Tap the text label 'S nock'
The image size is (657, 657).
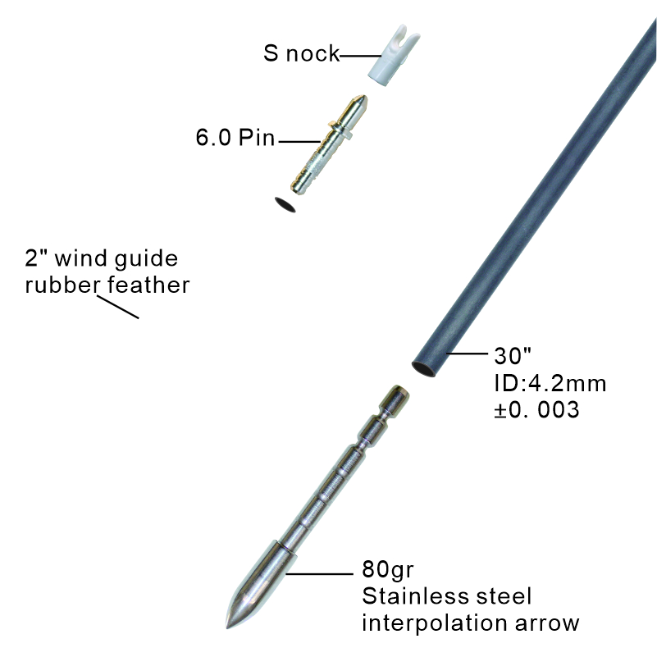tap(301, 54)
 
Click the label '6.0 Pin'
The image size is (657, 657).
tap(235, 138)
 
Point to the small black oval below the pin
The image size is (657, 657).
tap(285, 203)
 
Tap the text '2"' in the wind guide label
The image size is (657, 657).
tap(34, 260)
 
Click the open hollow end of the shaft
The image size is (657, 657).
tap(424, 365)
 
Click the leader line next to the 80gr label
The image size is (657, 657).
tap(320, 573)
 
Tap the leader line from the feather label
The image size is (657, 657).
tap(119, 308)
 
